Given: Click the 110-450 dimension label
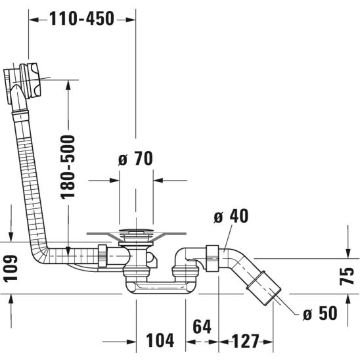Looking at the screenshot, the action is (81, 18).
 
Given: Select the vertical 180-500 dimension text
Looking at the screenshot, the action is (68, 167).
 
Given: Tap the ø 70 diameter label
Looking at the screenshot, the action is (135, 158).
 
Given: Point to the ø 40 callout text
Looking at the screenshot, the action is (231, 216).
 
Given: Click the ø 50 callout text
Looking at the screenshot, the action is (320, 313).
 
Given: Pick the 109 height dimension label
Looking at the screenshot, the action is (11, 268).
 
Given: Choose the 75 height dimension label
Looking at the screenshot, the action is (347, 276).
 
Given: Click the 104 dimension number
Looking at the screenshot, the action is (160, 340).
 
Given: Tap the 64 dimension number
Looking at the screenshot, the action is (202, 326).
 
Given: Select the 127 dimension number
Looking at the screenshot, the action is (246, 341).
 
